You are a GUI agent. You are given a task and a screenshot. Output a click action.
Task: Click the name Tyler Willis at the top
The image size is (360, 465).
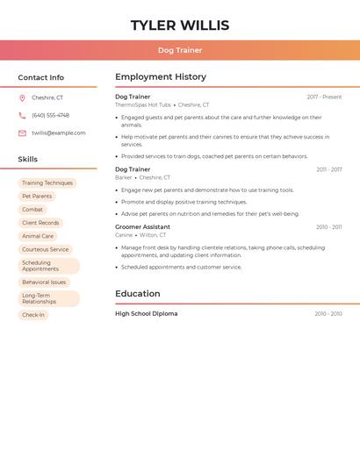tap(180, 25)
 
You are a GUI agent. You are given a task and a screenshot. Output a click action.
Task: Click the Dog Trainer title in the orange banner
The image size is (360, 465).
tap(180, 50)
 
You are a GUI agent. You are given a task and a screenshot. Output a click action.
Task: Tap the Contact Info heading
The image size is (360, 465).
tap(41, 77)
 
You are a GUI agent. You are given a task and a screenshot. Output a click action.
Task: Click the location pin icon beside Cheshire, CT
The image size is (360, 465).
tap(22, 98)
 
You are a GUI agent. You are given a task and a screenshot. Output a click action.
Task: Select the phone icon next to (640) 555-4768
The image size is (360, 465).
tap(22, 116)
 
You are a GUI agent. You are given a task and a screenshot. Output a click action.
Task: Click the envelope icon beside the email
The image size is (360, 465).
tap(22, 133)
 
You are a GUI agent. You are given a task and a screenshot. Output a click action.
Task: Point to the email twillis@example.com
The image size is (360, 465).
tap(59, 133)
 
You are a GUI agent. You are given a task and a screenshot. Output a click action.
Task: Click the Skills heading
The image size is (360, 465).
tap(28, 160)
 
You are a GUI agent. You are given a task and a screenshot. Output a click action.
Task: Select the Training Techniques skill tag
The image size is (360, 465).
tap(47, 183)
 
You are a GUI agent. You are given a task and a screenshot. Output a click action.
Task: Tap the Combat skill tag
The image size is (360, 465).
tap(32, 210)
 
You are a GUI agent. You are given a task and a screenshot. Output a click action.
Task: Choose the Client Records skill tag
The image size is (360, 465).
tap(40, 223)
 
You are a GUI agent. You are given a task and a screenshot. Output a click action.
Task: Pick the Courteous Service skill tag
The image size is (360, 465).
tap(45, 249)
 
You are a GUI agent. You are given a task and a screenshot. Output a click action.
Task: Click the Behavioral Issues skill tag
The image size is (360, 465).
tap(44, 283)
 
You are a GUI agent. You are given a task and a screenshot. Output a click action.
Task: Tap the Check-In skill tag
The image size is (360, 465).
tap(33, 315)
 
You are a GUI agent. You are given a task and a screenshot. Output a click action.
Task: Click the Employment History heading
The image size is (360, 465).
tap(161, 77)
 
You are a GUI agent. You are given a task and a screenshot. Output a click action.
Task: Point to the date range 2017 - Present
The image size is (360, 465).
tap(324, 97)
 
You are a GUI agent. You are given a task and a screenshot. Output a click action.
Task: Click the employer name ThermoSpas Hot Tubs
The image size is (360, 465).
tap(143, 105)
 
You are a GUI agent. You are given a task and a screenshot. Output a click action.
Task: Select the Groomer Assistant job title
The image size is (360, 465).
tap(143, 227)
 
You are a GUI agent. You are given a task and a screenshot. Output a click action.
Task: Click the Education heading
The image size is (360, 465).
tap(138, 294)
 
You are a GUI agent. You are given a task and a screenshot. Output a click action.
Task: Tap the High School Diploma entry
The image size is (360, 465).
tap(146, 313)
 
